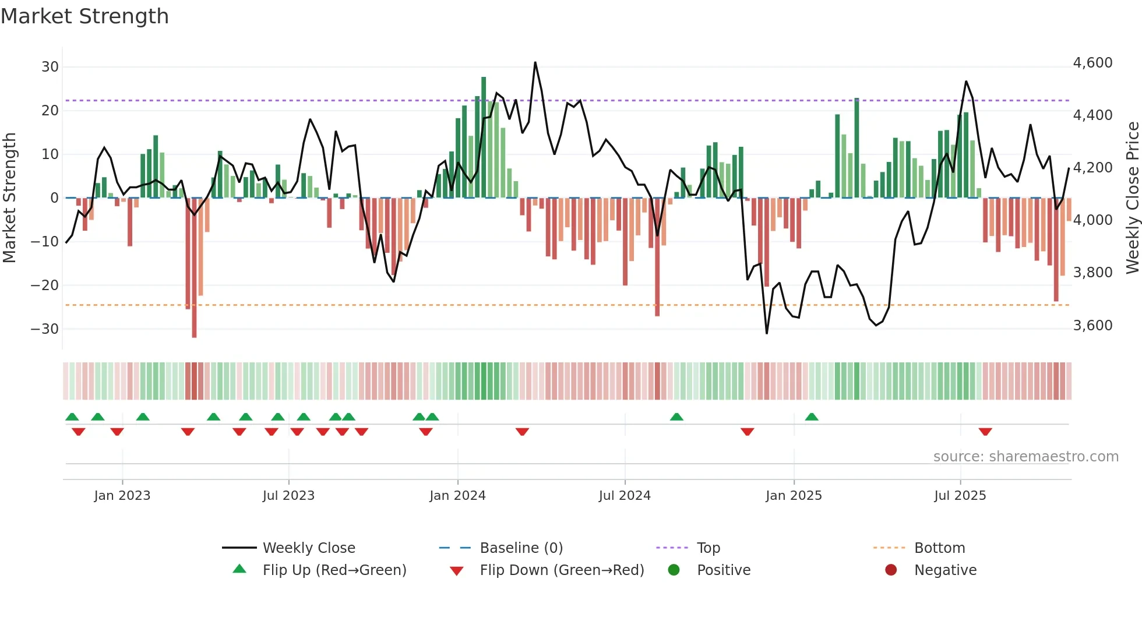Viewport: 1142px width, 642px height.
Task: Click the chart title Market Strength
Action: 84,16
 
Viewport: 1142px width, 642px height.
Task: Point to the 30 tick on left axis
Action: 50,67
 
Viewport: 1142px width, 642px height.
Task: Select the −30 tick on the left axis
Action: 45,329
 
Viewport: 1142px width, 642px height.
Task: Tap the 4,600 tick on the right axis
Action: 1092,63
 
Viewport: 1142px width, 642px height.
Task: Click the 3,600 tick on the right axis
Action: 1092,326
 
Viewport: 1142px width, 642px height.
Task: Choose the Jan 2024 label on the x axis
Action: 457,496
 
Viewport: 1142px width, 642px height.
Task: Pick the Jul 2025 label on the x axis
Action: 960,496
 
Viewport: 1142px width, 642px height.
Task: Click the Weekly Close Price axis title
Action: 1132,198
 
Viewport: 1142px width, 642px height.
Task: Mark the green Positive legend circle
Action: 674,570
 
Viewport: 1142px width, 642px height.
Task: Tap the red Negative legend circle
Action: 891,570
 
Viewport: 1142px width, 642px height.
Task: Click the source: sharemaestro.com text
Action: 1025,457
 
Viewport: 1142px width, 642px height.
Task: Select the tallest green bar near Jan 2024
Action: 484,137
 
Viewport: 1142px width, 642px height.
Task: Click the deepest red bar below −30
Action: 194,268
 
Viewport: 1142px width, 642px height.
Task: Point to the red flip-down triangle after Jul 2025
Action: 985,432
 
